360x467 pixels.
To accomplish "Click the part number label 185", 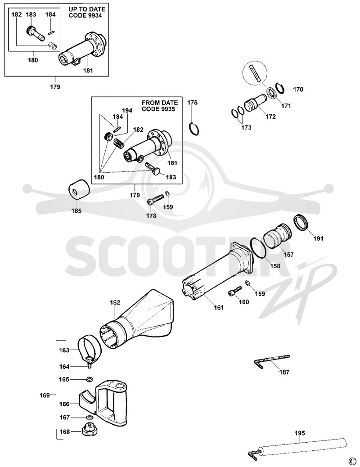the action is click(x=77, y=211).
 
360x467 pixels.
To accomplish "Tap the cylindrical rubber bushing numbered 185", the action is click(x=79, y=189).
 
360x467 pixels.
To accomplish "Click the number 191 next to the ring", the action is click(x=318, y=238).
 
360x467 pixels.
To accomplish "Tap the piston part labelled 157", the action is click(x=277, y=238).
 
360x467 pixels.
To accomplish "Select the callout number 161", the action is click(x=218, y=307).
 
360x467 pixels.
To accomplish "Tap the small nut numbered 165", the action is click(x=89, y=379).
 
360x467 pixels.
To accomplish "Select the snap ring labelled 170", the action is click(x=279, y=89).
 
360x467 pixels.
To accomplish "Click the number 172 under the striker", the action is click(x=270, y=117).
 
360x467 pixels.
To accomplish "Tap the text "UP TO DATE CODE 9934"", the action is click(x=87, y=12).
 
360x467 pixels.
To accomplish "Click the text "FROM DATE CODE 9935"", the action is click(x=160, y=106).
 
